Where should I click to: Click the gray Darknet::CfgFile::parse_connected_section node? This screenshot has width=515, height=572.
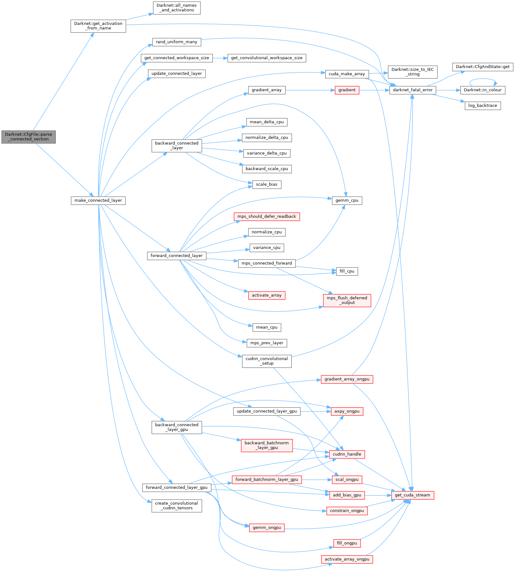pyautogui.click(x=28, y=137)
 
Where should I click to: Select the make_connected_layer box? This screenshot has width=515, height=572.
pyautogui.click(x=98, y=200)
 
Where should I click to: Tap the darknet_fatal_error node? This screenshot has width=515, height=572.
pyautogui.click(x=413, y=90)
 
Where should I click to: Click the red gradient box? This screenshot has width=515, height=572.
pyautogui.click(x=347, y=90)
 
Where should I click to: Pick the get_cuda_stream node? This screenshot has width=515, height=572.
pyautogui.click(x=412, y=495)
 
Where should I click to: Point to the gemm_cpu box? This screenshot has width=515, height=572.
pyautogui.click(x=347, y=200)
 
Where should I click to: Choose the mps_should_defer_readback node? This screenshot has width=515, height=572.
pyautogui.click(x=266, y=217)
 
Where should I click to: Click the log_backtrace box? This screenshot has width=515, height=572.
pyautogui.click(x=482, y=106)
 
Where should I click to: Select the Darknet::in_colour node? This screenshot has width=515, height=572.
pyautogui.click(x=482, y=90)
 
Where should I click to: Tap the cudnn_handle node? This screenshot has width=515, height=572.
pyautogui.click(x=347, y=454)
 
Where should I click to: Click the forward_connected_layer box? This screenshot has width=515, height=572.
pyautogui.click(x=177, y=256)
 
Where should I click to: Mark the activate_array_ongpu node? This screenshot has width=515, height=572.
pyautogui.click(x=347, y=559)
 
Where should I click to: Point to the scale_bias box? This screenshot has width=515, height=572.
pyautogui.click(x=266, y=185)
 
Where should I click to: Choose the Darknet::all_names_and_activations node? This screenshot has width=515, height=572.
pyautogui.click(x=177, y=8)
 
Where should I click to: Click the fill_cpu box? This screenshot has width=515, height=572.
pyautogui.click(x=347, y=271)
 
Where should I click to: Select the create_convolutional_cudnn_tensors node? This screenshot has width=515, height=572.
pyautogui.click(x=177, y=506)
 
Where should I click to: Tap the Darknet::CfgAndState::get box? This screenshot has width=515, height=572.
pyautogui.click(x=482, y=67)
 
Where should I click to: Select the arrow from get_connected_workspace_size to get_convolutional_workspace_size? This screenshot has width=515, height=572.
pyautogui.click(x=220, y=58)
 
